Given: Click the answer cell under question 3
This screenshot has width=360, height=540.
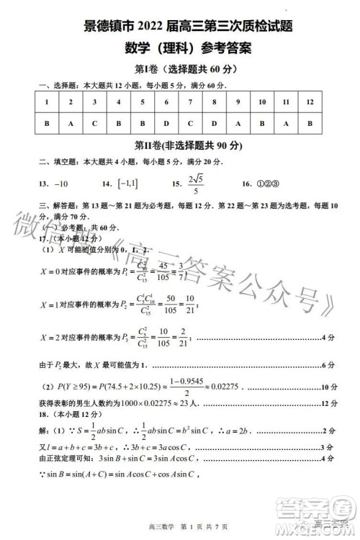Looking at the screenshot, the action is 94,123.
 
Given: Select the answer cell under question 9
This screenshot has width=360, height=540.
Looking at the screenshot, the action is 238,123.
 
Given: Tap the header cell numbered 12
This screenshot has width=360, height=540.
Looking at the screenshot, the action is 309,102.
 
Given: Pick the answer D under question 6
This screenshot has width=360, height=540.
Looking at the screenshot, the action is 166,123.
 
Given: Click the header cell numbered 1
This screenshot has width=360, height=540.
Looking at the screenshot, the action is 47,102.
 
